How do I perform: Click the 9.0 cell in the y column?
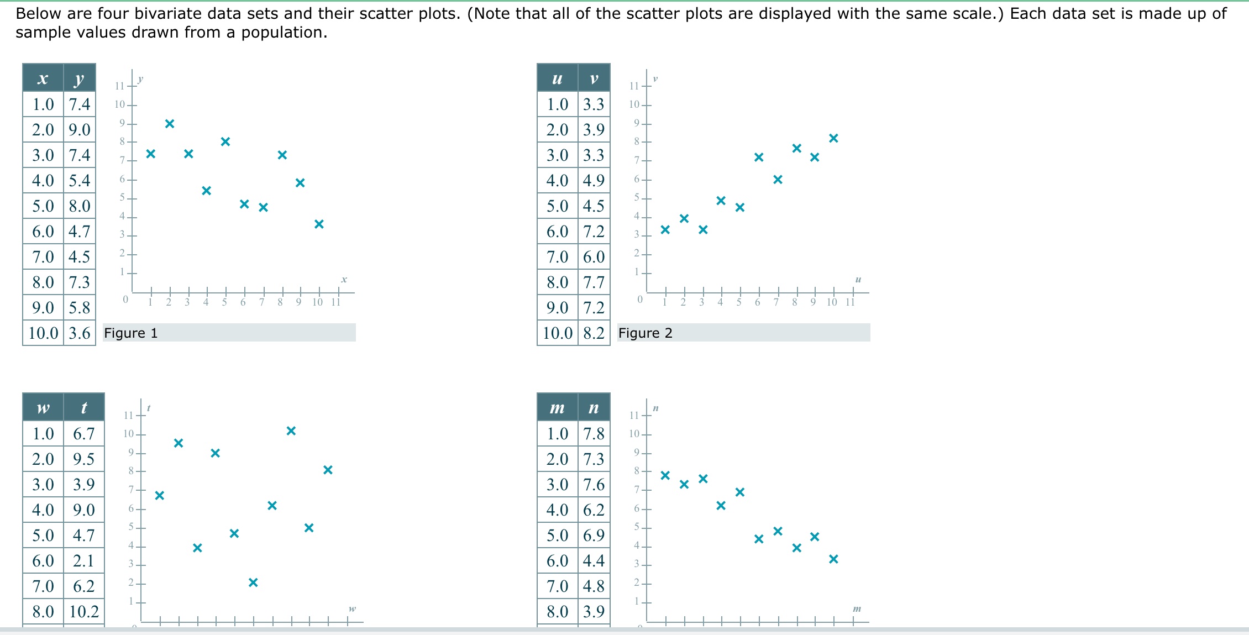pyautogui.click(x=80, y=130)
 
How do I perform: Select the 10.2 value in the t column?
pyautogui.click(x=84, y=612)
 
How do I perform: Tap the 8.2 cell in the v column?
pyautogui.click(x=594, y=333)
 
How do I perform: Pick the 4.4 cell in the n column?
pyautogui.click(x=594, y=561)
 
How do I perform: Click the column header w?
pyautogui.click(x=43, y=408)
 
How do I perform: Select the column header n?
pyautogui.click(x=594, y=408)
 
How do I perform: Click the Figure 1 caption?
pyautogui.click(x=131, y=333)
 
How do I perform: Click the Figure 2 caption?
pyautogui.click(x=645, y=333)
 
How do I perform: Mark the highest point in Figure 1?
pyautogui.click(x=170, y=124)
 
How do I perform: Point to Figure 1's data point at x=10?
pyautogui.click(x=319, y=224)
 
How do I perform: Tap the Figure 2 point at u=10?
pyautogui.click(x=833, y=138)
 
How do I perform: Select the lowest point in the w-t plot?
pyautogui.click(x=253, y=582)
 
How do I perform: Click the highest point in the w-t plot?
pyautogui.click(x=291, y=431)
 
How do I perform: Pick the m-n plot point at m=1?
pyautogui.click(x=665, y=475)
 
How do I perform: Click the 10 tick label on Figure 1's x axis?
pyautogui.click(x=317, y=302)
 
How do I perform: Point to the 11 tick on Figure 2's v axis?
pyautogui.click(x=634, y=86)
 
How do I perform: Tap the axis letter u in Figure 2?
pyautogui.click(x=858, y=280)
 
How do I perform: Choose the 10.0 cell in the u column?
pyautogui.click(x=557, y=333)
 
